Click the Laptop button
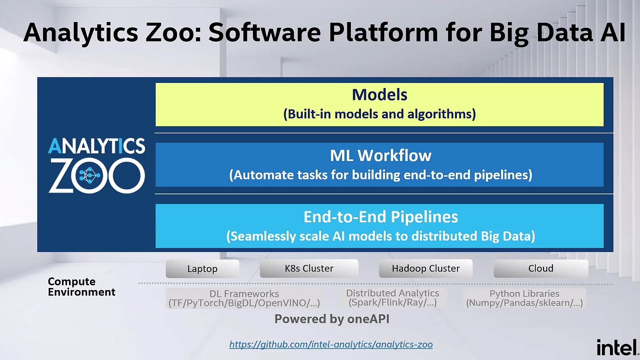[x=202, y=269]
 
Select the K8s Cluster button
[x=309, y=268]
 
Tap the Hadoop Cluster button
[x=426, y=268]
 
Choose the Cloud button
[x=541, y=268]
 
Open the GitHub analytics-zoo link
[x=331, y=344]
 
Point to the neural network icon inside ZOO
[x=89, y=175]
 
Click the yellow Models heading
[x=380, y=95]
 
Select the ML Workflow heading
[x=381, y=156]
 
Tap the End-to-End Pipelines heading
[x=381, y=217]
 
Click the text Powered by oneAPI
[x=332, y=319]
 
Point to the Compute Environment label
[x=82, y=287]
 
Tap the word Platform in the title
[x=383, y=33]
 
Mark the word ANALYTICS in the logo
[x=97, y=146]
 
